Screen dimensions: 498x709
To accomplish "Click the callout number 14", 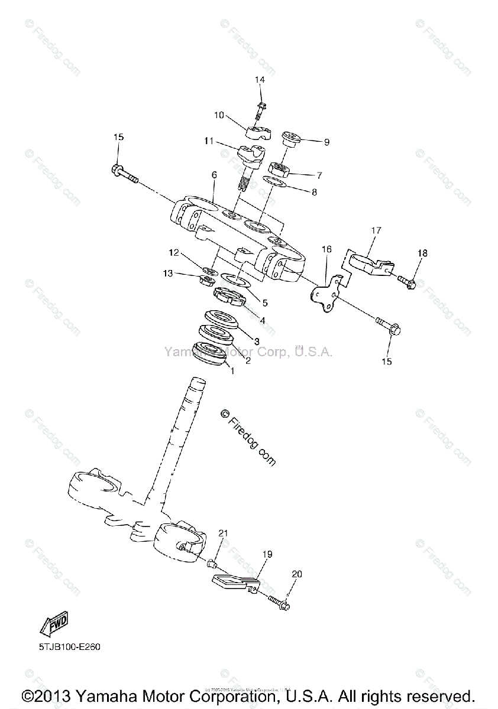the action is tap(260, 80).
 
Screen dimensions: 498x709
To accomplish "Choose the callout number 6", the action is tap(214, 175).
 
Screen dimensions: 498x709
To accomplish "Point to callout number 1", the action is tap(232, 371).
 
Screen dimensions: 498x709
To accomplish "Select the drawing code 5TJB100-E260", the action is tap(70, 647).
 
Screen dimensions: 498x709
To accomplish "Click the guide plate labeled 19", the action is tap(234, 583).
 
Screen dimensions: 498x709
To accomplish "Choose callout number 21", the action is tap(222, 534).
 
